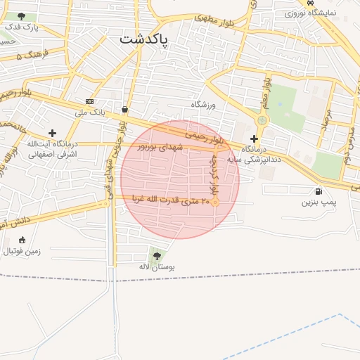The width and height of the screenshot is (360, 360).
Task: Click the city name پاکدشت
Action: point(144,39)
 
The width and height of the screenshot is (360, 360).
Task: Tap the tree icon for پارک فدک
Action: point(21,15)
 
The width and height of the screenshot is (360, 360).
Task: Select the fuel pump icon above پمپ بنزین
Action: point(320,191)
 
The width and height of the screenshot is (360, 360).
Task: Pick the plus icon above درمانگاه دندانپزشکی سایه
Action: point(254,139)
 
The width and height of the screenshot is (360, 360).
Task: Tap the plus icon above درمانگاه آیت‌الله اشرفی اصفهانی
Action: point(52,132)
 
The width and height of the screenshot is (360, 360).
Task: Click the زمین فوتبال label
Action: point(23,250)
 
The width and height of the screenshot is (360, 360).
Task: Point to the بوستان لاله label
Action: point(157,267)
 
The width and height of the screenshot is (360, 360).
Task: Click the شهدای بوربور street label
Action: point(160,147)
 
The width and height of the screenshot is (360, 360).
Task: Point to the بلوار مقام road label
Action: point(266,92)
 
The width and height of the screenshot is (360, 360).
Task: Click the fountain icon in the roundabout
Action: point(262,120)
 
